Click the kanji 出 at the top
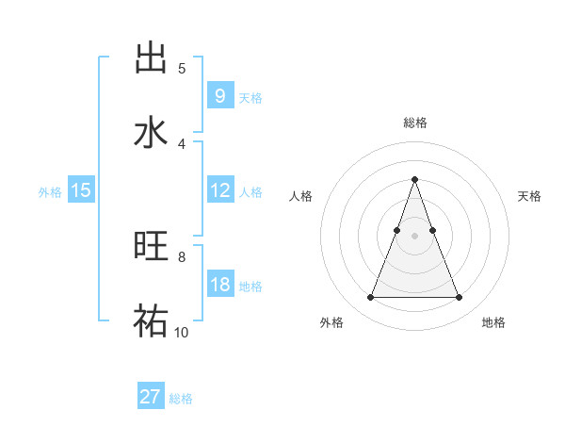[151, 57]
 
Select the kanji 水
[151, 131]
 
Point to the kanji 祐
[151, 319]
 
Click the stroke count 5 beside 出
[182, 69]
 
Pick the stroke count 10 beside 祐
[182, 332]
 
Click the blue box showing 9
[219, 96]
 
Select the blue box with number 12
[219, 190]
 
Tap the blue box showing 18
[219, 285]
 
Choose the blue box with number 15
[81, 190]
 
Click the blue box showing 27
[151, 397]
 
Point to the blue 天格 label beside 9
[250, 97]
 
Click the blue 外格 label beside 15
[50, 191]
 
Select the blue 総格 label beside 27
[181, 398]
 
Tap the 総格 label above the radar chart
[414, 123]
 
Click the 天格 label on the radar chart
[530, 196]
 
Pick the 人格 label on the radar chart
[300, 196]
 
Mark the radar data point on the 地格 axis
[460, 298]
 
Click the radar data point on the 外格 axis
[370, 298]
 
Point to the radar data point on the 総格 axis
[414, 179]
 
